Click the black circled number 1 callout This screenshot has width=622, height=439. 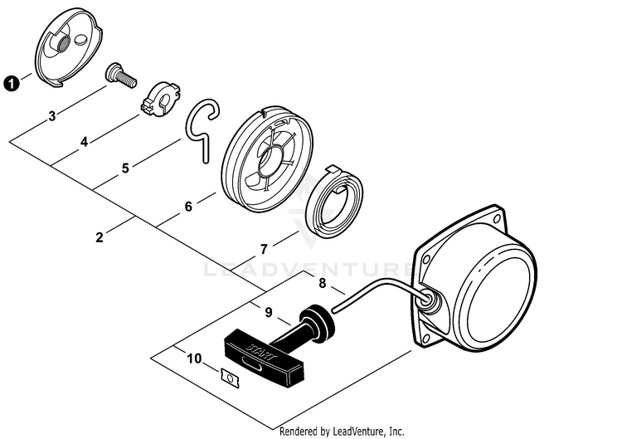point(12,83)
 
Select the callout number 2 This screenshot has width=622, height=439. point(100,237)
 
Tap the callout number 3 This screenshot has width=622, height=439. point(52,117)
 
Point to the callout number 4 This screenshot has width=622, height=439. point(85,142)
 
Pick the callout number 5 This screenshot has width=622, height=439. point(125,168)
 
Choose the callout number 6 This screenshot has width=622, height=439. point(188,207)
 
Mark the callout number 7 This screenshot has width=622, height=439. point(264,249)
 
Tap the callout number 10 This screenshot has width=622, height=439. point(194,359)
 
